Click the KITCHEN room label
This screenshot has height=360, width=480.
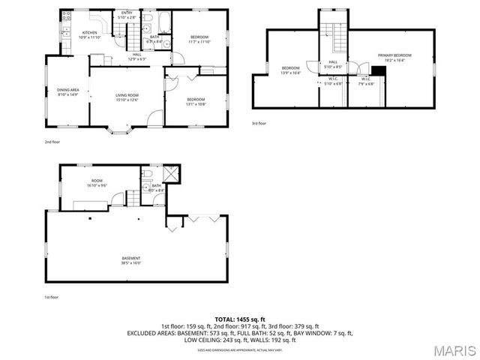pyautogui.click(x=90, y=32)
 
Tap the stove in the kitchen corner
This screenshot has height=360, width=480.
pyautogui.click(x=67, y=15)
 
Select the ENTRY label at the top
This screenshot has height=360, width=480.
pyautogui.click(x=127, y=13)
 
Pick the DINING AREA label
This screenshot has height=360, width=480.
pyautogui.click(x=67, y=91)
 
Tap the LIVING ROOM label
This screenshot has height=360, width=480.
pyautogui.click(x=127, y=94)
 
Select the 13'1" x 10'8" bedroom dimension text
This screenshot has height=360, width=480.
pyautogui.click(x=196, y=104)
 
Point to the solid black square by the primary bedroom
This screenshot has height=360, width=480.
pyautogui.click(x=378, y=71)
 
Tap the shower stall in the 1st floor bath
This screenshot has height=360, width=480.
pyautogui.click(x=169, y=174)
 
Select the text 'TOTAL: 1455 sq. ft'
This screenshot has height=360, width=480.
pyautogui.click(x=240, y=319)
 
